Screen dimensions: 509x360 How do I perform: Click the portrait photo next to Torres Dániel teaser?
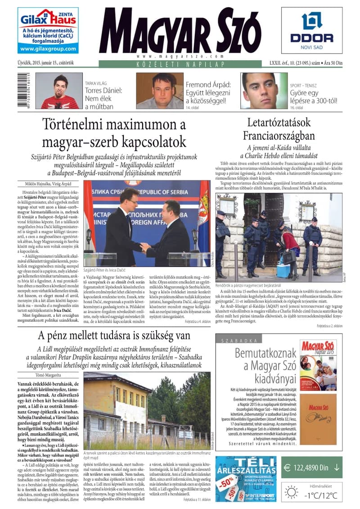58,91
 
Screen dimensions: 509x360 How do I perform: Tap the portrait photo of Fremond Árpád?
160,91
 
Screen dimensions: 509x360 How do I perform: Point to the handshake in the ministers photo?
145,247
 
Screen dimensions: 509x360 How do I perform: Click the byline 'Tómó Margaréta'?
47,374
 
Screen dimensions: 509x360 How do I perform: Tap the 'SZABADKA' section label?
233,341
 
